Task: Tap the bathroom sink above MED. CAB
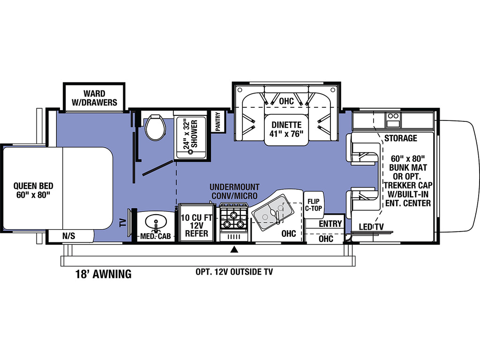(x=156, y=223)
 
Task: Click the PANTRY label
(x=218, y=121)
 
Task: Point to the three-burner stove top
(x=233, y=217)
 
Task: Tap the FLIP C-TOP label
(x=314, y=205)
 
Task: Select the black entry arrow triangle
(x=234, y=249)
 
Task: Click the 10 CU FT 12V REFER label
(x=196, y=225)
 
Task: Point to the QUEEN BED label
(x=33, y=190)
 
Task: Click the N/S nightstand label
(x=68, y=236)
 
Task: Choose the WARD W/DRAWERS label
(x=94, y=97)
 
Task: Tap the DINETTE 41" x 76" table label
(x=286, y=129)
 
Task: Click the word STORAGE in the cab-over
(x=401, y=138)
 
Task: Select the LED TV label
(x=371, y=227)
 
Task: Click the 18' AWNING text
(x=104, y=274)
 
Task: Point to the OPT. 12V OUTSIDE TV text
(x=234, y=272)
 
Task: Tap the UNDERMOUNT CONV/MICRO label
(x=234, y=191)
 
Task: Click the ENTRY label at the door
(x=330, y=224)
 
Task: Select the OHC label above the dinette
(x=286, y=101)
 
